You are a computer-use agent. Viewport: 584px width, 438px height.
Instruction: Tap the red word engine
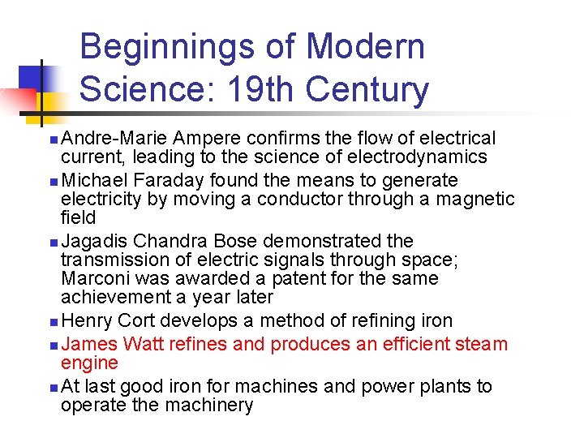point(89,363)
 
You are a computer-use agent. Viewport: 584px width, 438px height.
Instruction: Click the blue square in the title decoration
point(31,77)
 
